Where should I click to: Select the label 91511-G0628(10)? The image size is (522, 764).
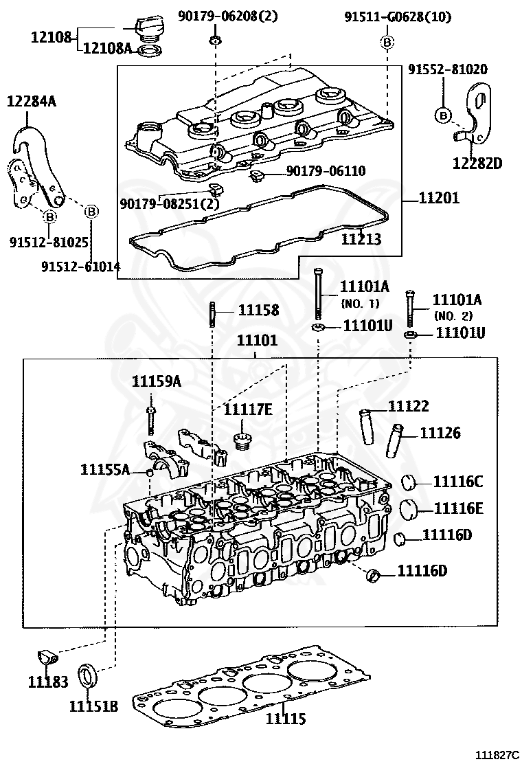point(398,17)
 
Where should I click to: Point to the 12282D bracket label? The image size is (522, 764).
point(477,163)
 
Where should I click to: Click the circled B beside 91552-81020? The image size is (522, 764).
point(443,114)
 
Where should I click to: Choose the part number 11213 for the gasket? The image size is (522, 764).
point(361,239)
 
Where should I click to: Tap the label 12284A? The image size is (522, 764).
point(32,102)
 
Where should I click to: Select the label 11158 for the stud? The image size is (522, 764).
point(259,310)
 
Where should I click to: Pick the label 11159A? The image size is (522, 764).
point(157,382)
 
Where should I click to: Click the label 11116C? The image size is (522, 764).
point(457,482)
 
